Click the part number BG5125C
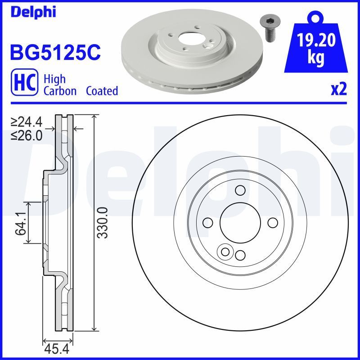point(54,53)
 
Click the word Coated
point(102,91)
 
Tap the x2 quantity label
point(339,90)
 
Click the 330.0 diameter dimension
point(103,223)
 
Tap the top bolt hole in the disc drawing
point(240,190)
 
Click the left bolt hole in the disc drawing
point(207,223)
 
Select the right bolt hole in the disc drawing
point(273,223)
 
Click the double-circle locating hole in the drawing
point(224,252)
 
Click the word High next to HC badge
point(54,79)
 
